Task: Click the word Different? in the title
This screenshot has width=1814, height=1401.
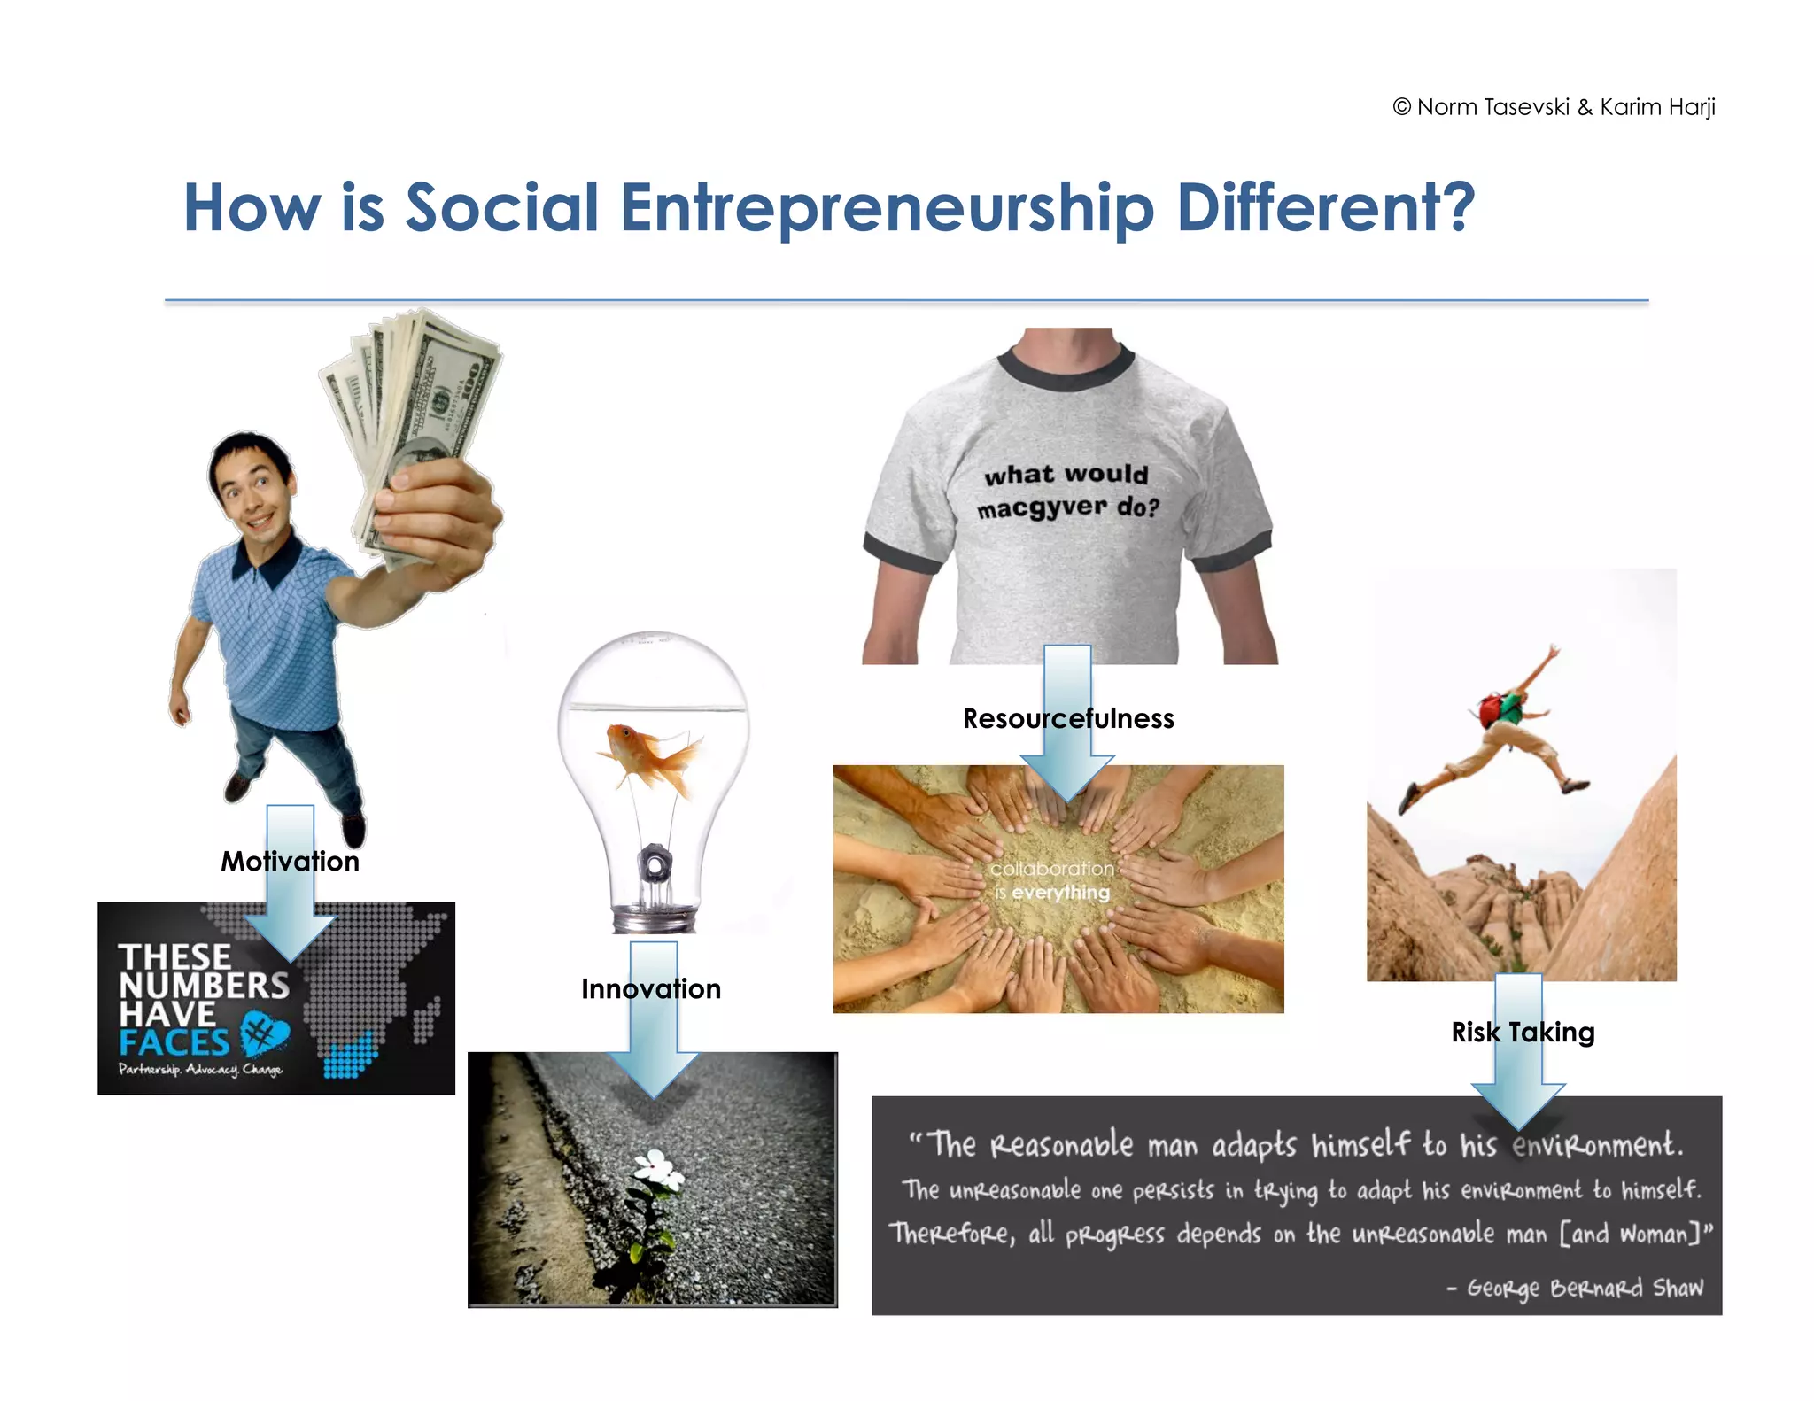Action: coord(1325,207)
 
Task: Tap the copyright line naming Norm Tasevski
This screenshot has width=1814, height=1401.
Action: coord(1554,107)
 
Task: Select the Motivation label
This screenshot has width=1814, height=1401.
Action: coord(290,861)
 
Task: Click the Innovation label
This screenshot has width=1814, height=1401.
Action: coord(651,988)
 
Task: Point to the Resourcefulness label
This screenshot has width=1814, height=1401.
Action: coord(1068,718)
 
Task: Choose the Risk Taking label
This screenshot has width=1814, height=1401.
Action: coord(1523,1032)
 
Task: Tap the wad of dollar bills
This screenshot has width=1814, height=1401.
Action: coord(412,399)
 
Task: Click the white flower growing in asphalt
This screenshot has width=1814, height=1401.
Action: coord(658,1169)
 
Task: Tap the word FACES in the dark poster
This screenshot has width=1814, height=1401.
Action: coord(174,1042)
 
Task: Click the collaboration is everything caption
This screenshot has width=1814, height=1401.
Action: coord(1051,880)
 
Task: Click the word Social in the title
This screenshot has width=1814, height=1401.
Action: coord(502,207)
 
